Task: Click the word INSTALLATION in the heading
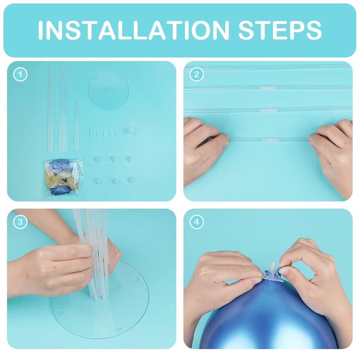click(134, 30)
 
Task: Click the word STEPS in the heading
click(280, 30)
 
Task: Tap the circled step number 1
click(20, 75)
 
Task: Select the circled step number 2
click(197, 75)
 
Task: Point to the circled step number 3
click(20, 222)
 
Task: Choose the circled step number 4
click(197, 222)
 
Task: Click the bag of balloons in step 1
click(64, 177)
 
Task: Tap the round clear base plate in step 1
click(108, 90)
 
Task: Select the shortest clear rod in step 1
click(76, 125)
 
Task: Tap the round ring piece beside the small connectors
click(129, 131)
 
